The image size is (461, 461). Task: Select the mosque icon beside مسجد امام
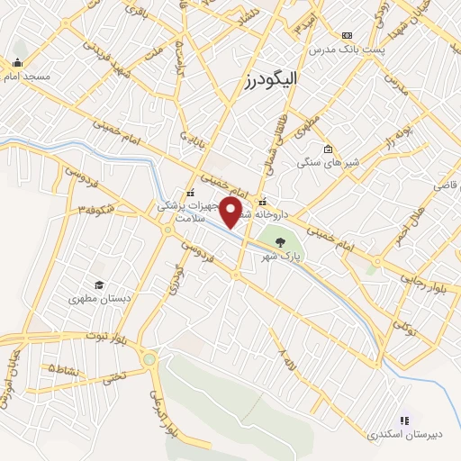[17, 63]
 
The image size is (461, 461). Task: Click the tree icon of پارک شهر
[279, 241]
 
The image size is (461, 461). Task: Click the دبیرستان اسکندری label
[404, 434]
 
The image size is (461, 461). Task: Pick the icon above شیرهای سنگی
[328, 149]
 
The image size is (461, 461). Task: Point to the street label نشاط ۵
[65, 369]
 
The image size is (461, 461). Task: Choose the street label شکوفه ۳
[98, 208]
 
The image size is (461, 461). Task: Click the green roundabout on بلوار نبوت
[149, 361]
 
